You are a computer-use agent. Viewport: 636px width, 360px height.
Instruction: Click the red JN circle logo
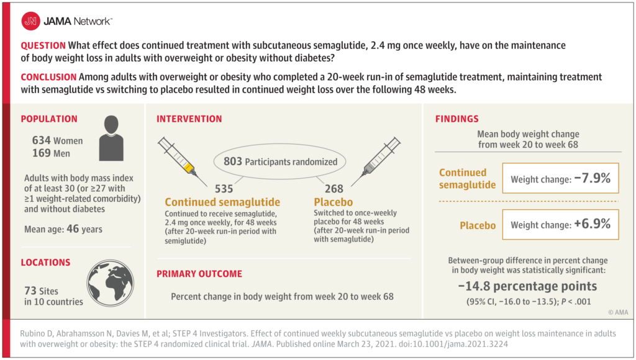pyautogui.click(x=30, y=21)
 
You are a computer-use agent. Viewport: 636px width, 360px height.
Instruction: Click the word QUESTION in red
pyautogui.click(x=43, y=45)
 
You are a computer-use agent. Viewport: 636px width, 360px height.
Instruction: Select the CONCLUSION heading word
pyautogui.click(x=48, y=77)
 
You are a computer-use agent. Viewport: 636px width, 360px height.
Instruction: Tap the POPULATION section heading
pyautogui.click(x=49, y=119)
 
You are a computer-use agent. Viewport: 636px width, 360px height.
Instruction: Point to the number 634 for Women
pyautogui.click(x=42, y=140)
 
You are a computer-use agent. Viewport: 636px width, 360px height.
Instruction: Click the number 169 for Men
pyautogui.click(x=42, y=153)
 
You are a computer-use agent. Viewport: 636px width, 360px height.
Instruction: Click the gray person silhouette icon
pyautogui.click(x=111, y=138)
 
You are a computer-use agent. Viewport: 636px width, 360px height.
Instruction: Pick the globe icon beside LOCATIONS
pyautogui.click(x=110, y=283)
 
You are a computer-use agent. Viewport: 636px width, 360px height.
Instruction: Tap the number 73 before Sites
pyautogui.click(x=30, y=290)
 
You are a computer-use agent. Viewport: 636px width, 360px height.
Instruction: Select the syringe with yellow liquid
pyautogui.click(x=182, y=161)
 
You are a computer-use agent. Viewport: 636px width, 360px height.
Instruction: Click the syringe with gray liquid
pyautogui.click(x=376, y=161)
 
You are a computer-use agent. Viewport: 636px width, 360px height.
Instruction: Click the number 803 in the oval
pyautogui.click(x=233, y=161)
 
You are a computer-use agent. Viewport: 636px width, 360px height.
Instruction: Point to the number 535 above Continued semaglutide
pyautogui.click(x=224, y=189)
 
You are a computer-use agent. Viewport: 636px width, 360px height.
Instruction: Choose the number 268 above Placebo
pyautogui.click(x=334, y=189)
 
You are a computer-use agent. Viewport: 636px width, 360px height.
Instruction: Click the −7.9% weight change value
pyautogui.click(x=592, y=178)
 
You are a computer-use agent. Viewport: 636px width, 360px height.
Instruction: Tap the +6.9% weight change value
pyautogui.click(x=592, y=224)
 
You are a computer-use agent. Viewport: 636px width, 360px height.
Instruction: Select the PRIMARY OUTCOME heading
pyautogui.click(x=199, y=274)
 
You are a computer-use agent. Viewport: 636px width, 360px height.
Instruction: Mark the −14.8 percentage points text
pyautogui.click(x=527, y=286)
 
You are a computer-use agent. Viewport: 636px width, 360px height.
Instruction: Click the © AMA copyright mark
pyautogui.click(x=618, y=312)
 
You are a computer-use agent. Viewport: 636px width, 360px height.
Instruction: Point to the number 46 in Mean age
pyautogui.click(x=73, y=228)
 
